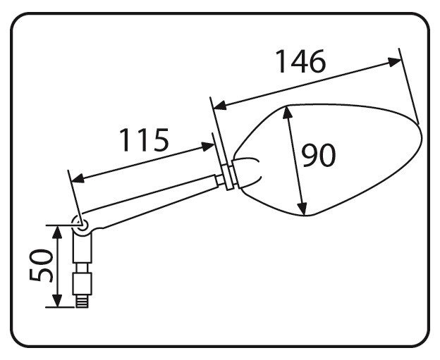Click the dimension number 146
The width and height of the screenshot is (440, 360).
[x=300, y=61]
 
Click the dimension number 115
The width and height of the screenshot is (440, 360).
[x=145, y=139]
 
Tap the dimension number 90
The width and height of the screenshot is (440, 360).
[x=319, y=155]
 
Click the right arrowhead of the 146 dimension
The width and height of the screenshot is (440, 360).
[x=395, y=62]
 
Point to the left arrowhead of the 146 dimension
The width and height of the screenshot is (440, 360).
[x=220, y=105]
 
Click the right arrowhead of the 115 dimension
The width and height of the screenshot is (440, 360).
[x=208, y=147]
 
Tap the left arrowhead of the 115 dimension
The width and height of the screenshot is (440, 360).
[x=78, y=178]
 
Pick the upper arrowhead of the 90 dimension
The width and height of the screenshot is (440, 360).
[x=288, y=112]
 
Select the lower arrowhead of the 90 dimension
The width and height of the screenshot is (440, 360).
[x=302, y=209]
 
